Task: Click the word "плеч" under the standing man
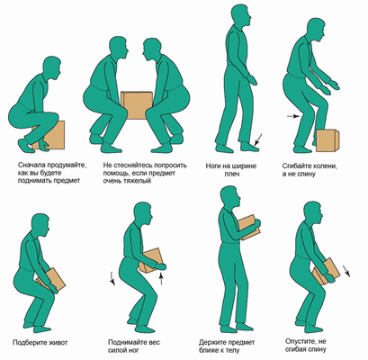(x=231, y=174)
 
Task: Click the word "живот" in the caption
(x=57, y=342)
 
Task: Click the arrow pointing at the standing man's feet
(x=258, y=139)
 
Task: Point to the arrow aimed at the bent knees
(x=293, y=116)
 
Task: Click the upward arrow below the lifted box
(x=161, y=278)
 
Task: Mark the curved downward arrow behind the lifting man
(x=112, y=278)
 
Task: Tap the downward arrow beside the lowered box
(x=346, y=270)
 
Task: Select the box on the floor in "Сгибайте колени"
(x=328, y=140)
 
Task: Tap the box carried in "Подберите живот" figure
(x=51, y=280)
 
